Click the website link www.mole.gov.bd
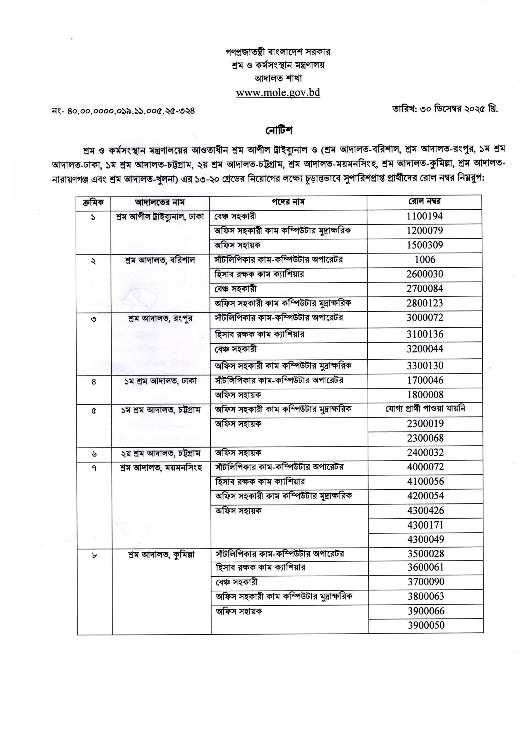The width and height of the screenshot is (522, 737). (x=278, y=93)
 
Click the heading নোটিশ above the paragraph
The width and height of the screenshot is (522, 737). (x=278, y=131)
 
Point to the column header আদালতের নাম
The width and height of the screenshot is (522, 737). (x=160, y=202)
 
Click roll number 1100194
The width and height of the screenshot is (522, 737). (x=425, y=216)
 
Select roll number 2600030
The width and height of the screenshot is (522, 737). (x=425, y=274)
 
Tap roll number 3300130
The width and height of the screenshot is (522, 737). (x=425, y=366)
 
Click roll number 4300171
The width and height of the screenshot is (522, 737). (x=426, y=525)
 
